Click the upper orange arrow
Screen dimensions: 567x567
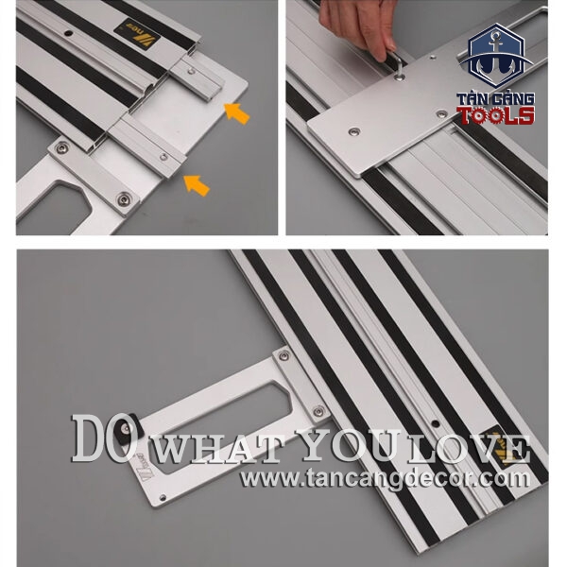click(x=237, y=112)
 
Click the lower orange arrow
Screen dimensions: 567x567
click(x=197, y=185)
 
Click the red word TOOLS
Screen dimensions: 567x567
click(x=496, y=115)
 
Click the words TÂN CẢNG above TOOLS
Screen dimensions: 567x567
click(x=495, y=99)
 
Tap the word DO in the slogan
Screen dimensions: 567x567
click(x=102, y=438)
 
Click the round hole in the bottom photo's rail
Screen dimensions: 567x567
click(x=436, y=423)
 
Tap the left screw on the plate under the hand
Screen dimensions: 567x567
click(x=354, y=132)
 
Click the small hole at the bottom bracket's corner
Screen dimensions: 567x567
click(x=163, y=498)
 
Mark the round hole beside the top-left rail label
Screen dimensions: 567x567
click(x=68, y=34)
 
